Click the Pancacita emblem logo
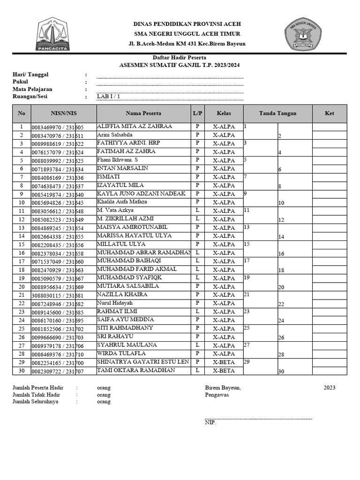pos(53,34)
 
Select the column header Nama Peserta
pos(143,113)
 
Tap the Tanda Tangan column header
pos(277,113)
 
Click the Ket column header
pos(330,113)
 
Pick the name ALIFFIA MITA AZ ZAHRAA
pos(135,127)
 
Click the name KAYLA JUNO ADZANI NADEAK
pos(141,194)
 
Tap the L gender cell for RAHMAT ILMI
pos(197,312)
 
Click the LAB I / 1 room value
pos(109,97)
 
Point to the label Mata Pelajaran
pos(32,89)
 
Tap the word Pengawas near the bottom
pos(217,395)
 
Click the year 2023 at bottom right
pos(329,388)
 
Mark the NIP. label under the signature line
pos(210,422)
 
